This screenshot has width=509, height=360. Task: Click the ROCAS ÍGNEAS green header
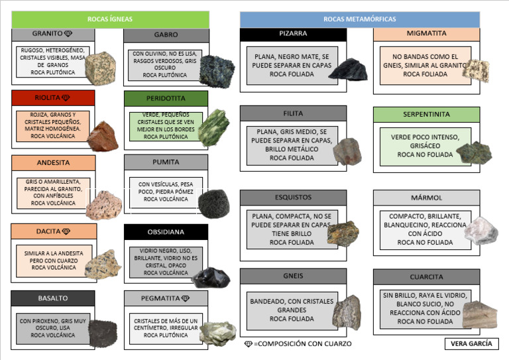(x=110, y=19)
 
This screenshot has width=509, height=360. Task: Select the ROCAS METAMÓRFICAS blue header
(x=359, y=19)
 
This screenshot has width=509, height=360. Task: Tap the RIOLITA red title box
(x=53, y=98)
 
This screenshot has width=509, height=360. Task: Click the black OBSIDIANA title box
(x=166, y=232)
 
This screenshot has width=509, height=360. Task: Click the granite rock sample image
(x=101, y=67)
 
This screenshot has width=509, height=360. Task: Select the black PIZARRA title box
(x=293, y=33)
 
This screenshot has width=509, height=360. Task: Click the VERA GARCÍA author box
(x=471, y=343)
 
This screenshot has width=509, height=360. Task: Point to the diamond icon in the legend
(x=249, y=343)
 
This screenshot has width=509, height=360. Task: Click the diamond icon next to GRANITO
(x=68, y=33)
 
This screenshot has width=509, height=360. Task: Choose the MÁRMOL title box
(x=426, y=198)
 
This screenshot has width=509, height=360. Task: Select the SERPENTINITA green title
(x=426, y=114)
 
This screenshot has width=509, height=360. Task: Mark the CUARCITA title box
(x=426, y=276)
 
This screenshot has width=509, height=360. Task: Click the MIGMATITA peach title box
(x=426, y=33)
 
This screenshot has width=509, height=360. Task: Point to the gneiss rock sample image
(x=346, y=312)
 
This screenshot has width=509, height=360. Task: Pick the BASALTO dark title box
(x=53, y=298)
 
